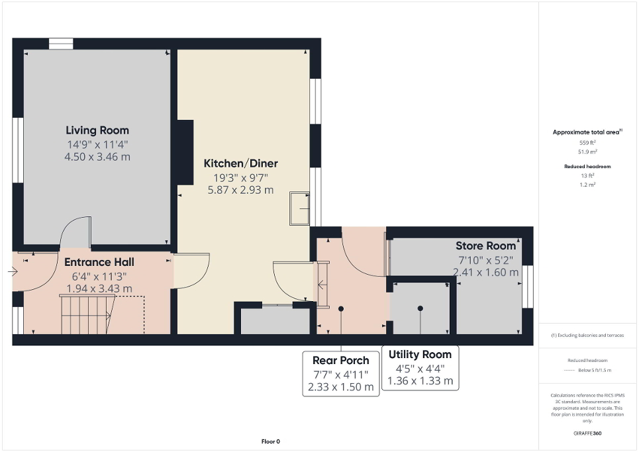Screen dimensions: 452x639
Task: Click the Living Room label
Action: pos(97,130)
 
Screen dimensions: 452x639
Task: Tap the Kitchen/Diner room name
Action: pos(240,163)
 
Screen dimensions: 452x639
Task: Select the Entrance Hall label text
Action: pos(100,262)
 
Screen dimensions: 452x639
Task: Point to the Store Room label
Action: pos(485,246)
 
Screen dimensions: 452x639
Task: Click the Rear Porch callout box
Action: pos(341,373)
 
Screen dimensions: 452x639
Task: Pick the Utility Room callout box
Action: pos(420,368)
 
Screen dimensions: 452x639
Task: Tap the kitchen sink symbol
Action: pos(300,209)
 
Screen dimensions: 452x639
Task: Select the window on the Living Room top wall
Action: pos(60,43)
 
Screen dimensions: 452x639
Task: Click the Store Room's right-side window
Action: pos(528,287)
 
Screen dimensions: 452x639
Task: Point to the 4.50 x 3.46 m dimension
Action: pos(97,157)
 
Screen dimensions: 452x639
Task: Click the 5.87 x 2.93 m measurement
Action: pos(240,190)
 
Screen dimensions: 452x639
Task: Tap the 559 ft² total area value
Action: pos(588,142)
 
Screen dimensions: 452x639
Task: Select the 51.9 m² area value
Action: pos(588,152)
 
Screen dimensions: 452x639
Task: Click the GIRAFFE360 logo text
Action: pos(588,433)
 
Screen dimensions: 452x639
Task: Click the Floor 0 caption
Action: pos(271,441)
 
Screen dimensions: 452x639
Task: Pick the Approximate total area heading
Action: pos(588,132)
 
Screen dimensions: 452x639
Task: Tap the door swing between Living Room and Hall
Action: pos(76,232)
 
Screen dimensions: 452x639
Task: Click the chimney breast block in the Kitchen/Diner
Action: pos(184,152)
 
